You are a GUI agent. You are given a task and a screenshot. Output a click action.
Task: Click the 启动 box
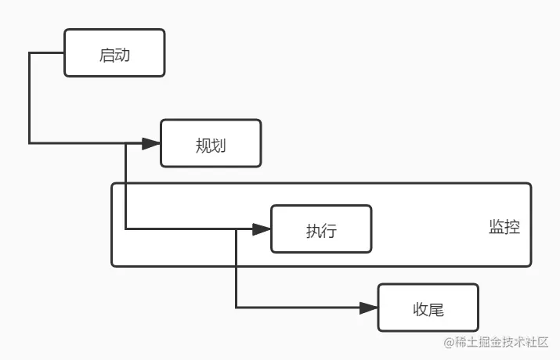[x=114, y=53]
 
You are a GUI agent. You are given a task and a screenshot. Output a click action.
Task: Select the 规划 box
[x=211, y=143]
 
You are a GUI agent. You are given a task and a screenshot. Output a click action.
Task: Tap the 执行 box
[x=321, y=229]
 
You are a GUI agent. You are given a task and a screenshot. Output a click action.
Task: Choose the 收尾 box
[x=428, y=308]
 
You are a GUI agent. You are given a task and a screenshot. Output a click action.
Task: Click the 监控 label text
[x=504, y=228]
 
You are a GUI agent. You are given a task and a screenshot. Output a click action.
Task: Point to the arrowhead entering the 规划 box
[x=152, y=143]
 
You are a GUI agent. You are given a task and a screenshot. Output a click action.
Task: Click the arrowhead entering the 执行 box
[x=262, y=229]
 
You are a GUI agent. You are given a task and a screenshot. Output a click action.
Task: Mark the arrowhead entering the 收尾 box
[x=369, y=308]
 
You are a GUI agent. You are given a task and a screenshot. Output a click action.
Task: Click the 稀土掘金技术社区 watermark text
[x=502, y=343]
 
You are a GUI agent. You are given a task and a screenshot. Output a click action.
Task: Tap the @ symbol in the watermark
[x=450, y=343]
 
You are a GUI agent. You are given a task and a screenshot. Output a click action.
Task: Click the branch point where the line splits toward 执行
[x=126, y=143]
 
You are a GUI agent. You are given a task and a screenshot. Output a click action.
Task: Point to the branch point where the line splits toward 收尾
[x=236, y=229]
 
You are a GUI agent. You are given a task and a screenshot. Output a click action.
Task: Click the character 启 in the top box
[x=107, y=54]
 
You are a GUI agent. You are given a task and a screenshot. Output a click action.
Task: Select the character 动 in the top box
[x=122, y=54]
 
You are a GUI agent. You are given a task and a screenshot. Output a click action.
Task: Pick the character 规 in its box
[x=203, y=145]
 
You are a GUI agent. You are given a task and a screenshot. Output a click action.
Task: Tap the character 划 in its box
[x=219, y=145]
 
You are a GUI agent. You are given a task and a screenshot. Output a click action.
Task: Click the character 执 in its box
[x=313, y=231]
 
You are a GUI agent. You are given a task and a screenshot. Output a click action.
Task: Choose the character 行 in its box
[x=329, y=231]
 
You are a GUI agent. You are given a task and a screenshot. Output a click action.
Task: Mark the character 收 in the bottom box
[x=420, y=309]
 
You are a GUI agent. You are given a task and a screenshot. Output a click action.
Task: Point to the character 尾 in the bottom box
[x=435, y=309]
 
